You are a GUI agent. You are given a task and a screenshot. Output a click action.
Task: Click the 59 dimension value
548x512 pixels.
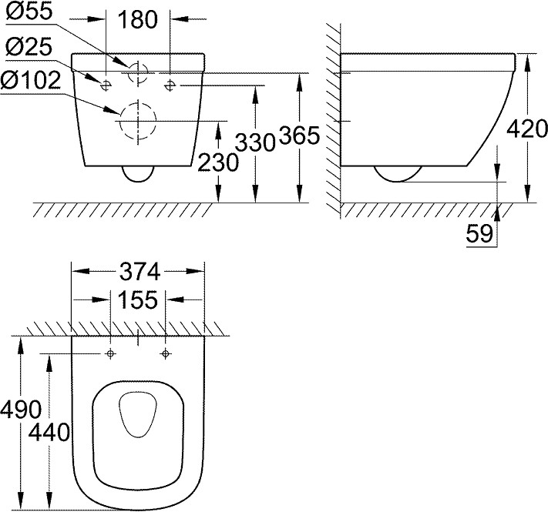pos(479,234)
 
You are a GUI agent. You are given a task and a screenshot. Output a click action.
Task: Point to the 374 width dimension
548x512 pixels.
pos(138,271)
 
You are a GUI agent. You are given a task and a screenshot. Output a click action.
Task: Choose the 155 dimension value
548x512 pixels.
pos(138,298)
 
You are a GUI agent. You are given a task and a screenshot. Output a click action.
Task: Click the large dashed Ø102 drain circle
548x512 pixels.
pos(136,121)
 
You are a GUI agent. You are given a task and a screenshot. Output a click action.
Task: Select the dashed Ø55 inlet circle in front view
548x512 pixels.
pos(136,73)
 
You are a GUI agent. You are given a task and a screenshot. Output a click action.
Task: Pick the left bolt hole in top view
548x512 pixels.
pos(111,353)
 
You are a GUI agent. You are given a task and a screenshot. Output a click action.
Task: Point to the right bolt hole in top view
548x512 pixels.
pos(165,353)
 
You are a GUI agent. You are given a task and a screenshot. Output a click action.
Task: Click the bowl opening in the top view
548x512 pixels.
pos(138,416)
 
